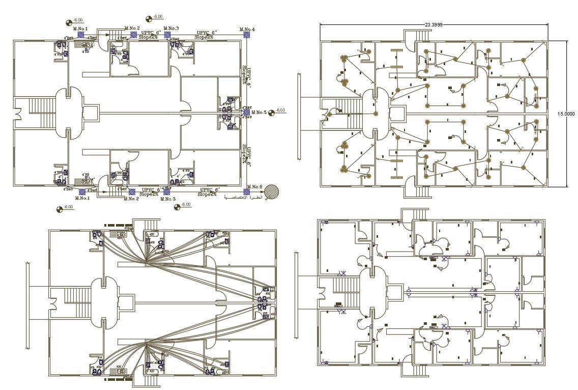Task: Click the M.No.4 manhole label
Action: pos(247,30)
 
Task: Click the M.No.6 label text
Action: pos(254,186)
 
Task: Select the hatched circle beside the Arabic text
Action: pos(274,191)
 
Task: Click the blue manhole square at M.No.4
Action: pos(247,35)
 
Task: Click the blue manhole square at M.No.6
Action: pos(247,192)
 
